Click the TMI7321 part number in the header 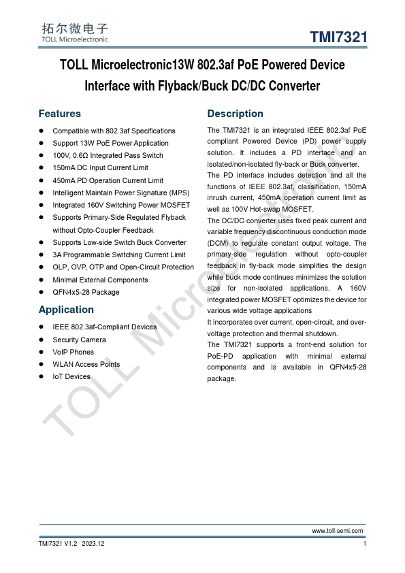[x=339, y=37]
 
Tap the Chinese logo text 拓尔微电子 [x=74, y=29]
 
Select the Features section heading [x=59, y=114]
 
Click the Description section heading [x=235, y=114]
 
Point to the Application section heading [x=66, y=309]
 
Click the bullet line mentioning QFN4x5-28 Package [x=86, y=292]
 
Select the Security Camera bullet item [x=79, y=340]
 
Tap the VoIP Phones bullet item [x=73, y=352]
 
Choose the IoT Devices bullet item [x=71, y=376]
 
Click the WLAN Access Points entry [x=86, y=364]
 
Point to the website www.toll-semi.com [x=338, y=531]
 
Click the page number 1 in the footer [x=366, y=544]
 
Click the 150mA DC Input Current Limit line [x=100, y=167]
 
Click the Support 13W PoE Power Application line [x=110, y=143]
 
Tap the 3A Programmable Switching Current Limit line [x=118, y=255]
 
